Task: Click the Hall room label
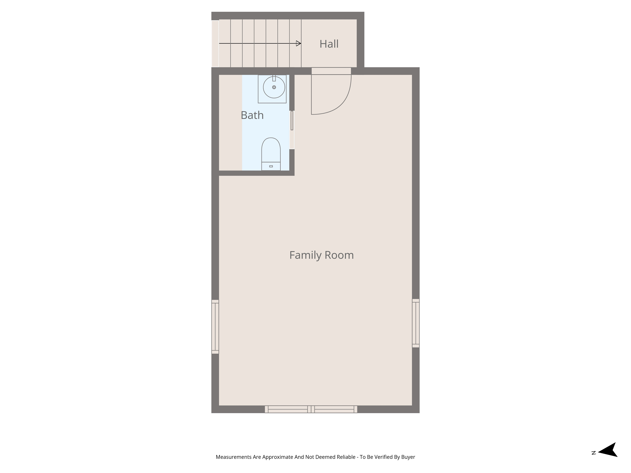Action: click(x=329, y=44)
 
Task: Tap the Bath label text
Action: click(x=252, y=115)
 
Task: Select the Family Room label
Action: click(x=321, y=255)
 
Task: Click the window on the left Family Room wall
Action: click(x=215, y=327)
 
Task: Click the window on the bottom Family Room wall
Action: click(x=311, y=409)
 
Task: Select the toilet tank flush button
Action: click(x=271, y=166)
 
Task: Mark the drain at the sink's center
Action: click(x=274, y=87)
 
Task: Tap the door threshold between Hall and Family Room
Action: click(x=331, y=71)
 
